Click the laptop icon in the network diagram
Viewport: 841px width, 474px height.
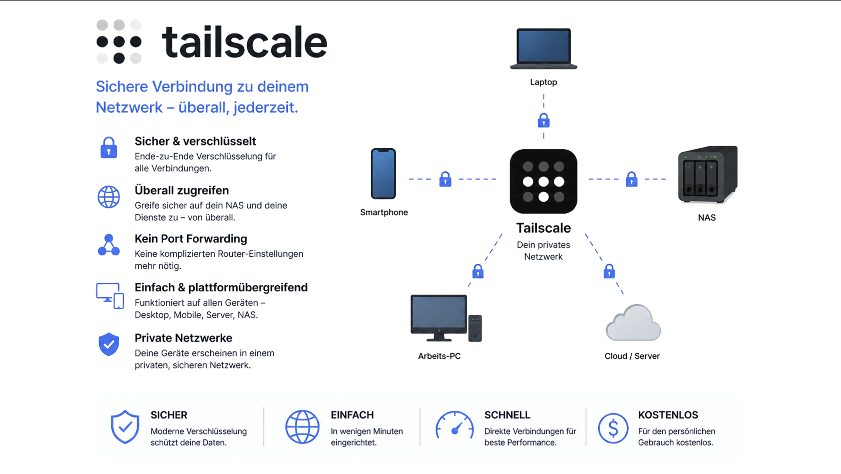click(543, 49)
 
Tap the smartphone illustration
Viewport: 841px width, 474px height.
click(383, 173)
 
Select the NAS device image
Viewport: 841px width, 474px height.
click(708, 175)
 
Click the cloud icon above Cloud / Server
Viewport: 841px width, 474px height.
click(633, 323)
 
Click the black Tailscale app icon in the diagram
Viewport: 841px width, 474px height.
click(543, 181)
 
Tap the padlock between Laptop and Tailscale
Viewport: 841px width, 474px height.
click(544, 121)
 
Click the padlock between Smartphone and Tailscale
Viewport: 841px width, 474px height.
click(446, 179)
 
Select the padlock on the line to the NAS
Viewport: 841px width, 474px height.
click(632, 179)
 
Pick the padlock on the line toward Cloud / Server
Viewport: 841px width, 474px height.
click(609, 271)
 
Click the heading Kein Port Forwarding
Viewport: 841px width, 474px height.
click(191, 239)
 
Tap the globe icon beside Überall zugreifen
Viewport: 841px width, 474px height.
click(109, 197)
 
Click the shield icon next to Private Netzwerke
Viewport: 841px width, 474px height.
click(109, 344)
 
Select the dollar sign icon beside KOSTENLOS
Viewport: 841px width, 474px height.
click(613, 428)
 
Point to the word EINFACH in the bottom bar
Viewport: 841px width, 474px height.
click(352, 415)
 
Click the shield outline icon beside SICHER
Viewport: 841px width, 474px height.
click(125, 427)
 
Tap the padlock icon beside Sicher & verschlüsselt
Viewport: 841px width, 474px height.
click(109, 148)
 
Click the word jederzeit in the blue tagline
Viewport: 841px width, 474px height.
click(265, 108)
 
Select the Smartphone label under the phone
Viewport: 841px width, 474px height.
click(383, 212)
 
